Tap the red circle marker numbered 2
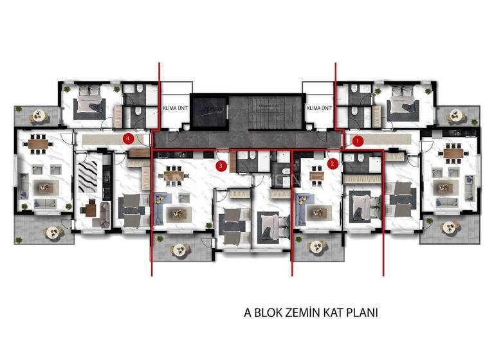click(x=332, y=163)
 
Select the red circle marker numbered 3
click(x=221, y=166)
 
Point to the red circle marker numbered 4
click(x=129, y=138)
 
